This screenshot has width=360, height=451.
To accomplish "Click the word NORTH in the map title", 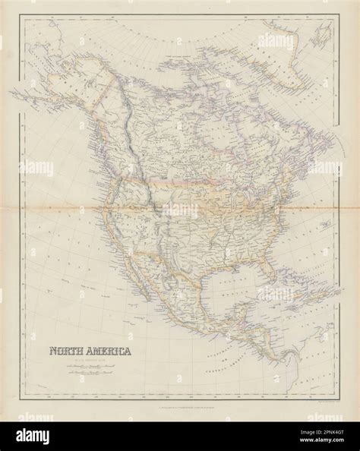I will (x=66, y=330).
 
